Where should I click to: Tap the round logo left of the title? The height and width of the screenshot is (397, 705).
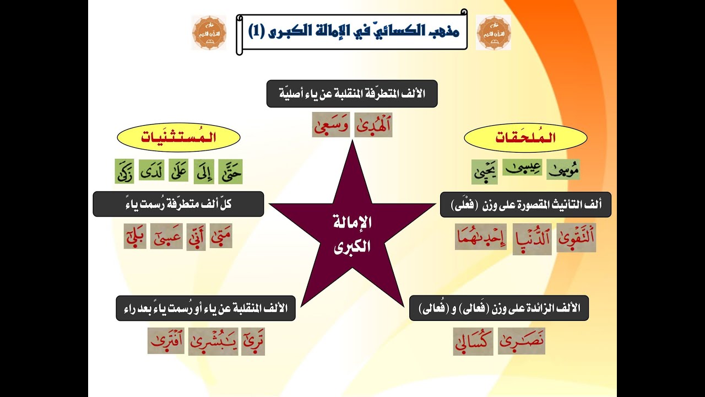click(209, 33)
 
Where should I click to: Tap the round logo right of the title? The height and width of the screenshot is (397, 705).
click(493, 33)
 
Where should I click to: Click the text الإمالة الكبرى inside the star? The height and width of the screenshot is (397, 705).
click(352, 234)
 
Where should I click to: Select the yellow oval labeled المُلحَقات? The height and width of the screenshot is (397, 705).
click(525, 138)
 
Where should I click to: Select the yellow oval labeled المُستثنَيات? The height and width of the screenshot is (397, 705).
click(178, 138)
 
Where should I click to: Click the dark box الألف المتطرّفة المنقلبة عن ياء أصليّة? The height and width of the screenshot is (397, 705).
click(352, 94)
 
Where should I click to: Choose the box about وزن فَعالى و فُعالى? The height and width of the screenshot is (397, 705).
click(499, 308)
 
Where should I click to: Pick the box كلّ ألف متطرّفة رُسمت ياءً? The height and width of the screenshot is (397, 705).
click(178, 204)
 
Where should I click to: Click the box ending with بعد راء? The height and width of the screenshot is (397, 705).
click(205, 308)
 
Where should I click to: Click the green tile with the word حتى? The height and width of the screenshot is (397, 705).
click(230, 171)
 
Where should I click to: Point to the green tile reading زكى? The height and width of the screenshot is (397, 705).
click(124, 171)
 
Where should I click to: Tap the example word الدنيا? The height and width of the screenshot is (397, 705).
click(532, 239)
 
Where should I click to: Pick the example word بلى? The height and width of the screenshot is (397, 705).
click(135, 237)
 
